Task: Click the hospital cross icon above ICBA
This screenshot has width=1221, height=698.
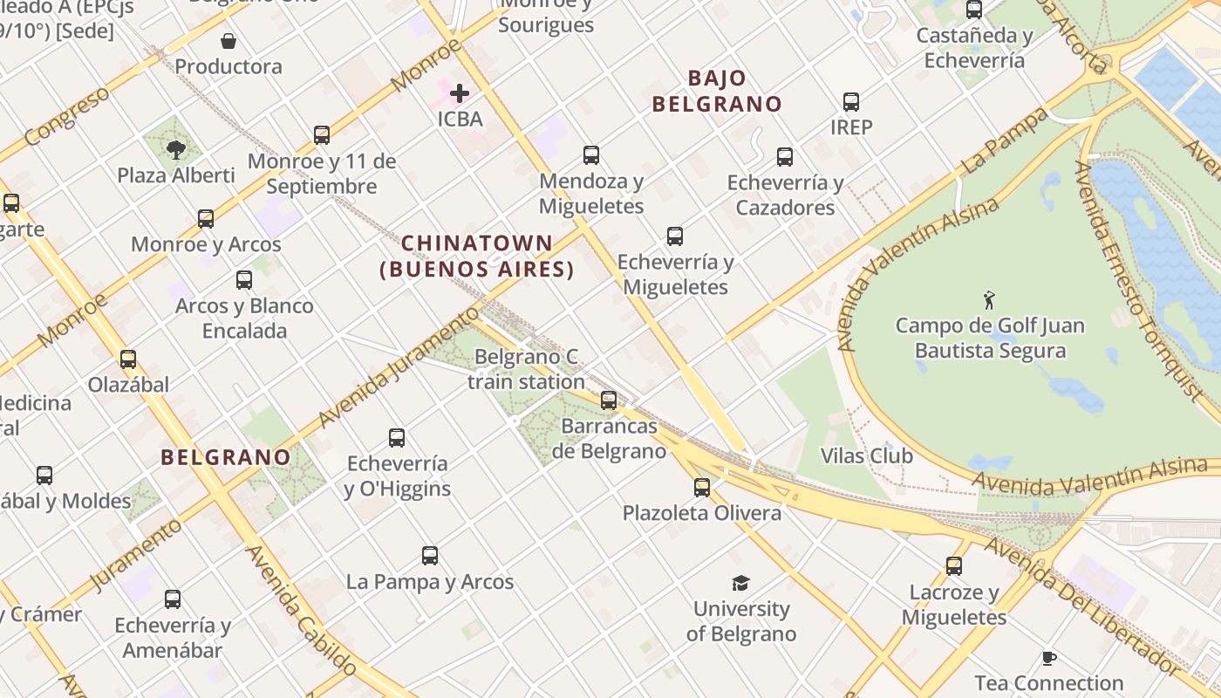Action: pyautogui.click(x=460, y=92)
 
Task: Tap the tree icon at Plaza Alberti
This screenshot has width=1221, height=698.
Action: pyautogui.click(x=176, y=149)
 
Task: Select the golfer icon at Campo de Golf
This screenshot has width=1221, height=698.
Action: pyautogui.click(x=989, y=300)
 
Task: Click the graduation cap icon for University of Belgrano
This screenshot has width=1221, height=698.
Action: pyautogui.click(x=740, y=583)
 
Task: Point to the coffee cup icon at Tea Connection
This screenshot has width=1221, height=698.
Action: pyautogui.click(x=1049, y=658)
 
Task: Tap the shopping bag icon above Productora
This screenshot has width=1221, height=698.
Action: pyautogui.click(x=229, y=41)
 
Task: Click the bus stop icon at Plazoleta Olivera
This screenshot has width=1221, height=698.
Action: pyautogui.click(x=702, y=487)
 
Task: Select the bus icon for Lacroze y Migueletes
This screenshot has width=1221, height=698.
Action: pyautogui.click(x=954, y=566)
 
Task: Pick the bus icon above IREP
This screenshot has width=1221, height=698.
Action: pyautogui.click(x=851, y=102)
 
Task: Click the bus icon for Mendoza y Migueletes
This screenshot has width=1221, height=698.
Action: pyautogui.click(x=591, y=155)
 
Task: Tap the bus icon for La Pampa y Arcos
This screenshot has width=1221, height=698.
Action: pyautogui.click(x=430, y=555)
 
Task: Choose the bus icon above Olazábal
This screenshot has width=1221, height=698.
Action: pyautogui.click(x=128, y=359)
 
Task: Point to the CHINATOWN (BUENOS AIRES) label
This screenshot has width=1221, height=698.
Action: pyautogui.click(x=478, y=257)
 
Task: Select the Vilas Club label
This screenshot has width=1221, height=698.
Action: pyautogui.click(x=867, y=455)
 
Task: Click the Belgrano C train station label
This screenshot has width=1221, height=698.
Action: pyautogui.click(x=526, y=369)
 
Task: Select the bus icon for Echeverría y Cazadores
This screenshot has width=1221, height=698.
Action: pyautogui.click(x=785, y=157)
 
